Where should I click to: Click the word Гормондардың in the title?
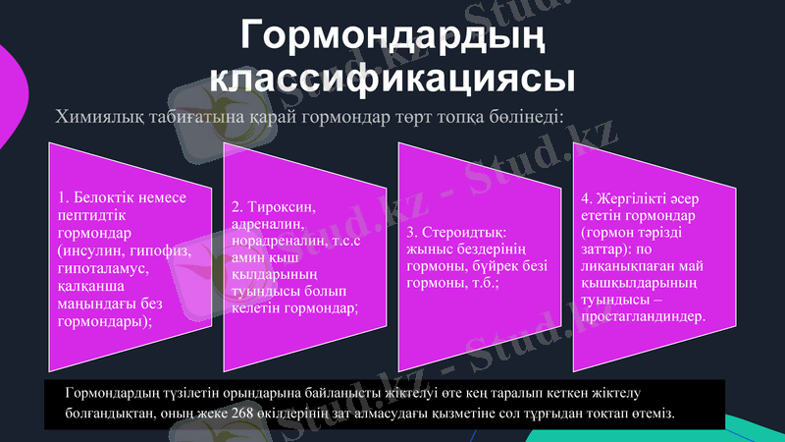392,37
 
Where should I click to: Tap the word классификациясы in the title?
392,78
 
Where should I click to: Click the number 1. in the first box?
64,197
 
